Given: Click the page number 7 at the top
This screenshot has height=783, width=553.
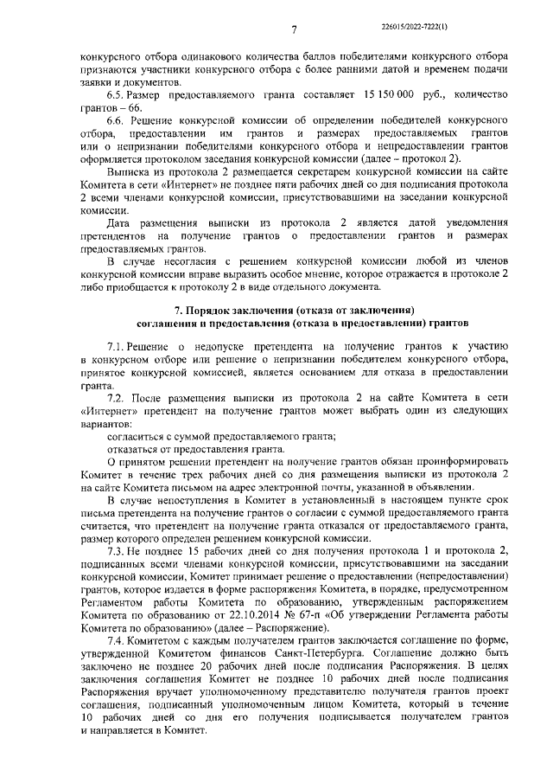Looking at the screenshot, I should (294, 30).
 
